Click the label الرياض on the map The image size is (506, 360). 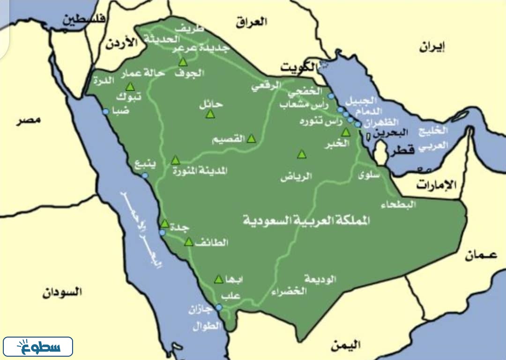pos(296,177)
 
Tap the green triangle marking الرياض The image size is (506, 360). pos(302,154)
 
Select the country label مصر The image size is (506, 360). pos(29,120)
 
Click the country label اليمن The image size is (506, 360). pos(345,345)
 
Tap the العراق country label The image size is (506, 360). pos(251,21)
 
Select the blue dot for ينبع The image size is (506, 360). pos(145,175)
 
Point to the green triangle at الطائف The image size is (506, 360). pos(189,242)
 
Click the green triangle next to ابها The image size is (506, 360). pos(218,279)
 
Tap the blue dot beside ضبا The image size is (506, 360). pos(105,111)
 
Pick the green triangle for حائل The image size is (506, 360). pos(210,113)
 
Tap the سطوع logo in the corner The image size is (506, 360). pos(38,347)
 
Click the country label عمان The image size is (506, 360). pos(481,256)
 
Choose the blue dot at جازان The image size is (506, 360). pos(219,307)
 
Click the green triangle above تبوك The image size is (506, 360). pos(130,87)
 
